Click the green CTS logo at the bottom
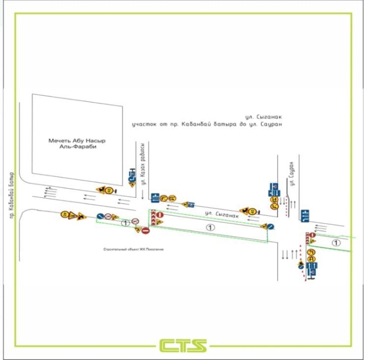(x=182, y=345)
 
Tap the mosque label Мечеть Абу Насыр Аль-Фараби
(x=73, y=144)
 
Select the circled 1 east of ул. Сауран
(x=336, y=243)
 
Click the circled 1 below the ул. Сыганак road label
(x=210, y=227)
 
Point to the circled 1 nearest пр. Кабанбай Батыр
(x=125, y=223)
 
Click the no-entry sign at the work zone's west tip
(x=146, y=230)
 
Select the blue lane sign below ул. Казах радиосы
(x=155, y=197)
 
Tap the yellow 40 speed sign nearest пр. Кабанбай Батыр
(x=65, y=214)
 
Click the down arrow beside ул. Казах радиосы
(x=141, y=194)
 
